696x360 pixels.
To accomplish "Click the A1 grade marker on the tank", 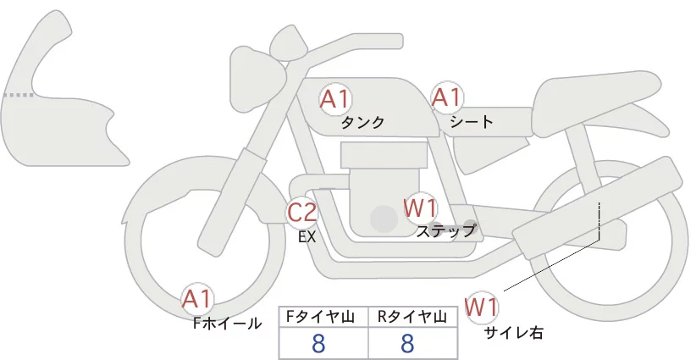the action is [x=335, y=99].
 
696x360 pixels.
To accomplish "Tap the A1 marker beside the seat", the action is [x=447, y=97].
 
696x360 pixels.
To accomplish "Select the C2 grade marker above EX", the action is [x=301, y=212].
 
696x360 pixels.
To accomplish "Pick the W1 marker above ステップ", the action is [x=420, y=208].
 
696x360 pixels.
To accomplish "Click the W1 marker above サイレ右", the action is [x=481, y=307].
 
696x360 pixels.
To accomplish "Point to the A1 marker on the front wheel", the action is [x=197, y=300].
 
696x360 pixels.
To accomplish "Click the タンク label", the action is [x=362, y=123].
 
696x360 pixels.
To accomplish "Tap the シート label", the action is [x=472, y=122].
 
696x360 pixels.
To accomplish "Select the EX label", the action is [x=307, y=237].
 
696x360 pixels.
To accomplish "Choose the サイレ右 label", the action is [x=514, y=333].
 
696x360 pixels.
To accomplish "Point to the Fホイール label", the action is [x=227, y=324].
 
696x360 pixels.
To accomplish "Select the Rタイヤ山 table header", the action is [x=412, y=317].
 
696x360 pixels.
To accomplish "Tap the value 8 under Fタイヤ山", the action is [x=318, y=343].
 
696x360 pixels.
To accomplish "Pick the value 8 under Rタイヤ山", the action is [x=407, y=343].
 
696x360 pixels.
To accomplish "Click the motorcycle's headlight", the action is [x=258, y=79].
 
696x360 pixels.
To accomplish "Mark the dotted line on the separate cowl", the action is [x=19, y=95].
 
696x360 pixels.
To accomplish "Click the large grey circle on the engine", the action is [x=384, y=219].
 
